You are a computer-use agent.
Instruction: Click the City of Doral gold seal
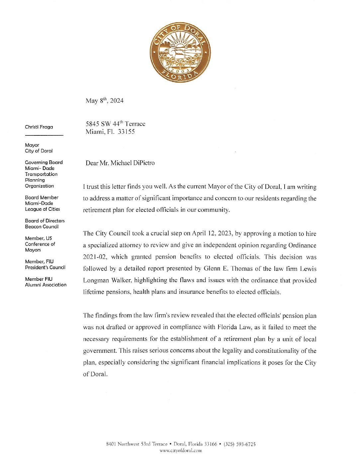point(180,52)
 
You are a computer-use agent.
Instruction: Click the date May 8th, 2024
point(104,101)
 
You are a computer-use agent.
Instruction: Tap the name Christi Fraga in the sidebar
point(39,127)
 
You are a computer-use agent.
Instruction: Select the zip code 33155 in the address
point(126,132)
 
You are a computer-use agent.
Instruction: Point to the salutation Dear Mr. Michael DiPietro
point(120,163)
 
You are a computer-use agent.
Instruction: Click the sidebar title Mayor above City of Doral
point(32,145)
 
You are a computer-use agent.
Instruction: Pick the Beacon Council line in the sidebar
point(42,227)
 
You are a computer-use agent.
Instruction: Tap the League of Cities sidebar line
point(42,209)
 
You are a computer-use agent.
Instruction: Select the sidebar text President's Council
point(45,268)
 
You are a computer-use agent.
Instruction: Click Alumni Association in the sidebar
point(45,285)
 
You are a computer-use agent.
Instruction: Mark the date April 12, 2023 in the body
point(212,234)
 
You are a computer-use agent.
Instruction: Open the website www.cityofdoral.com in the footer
point(181,451)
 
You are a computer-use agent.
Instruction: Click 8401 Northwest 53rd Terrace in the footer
point(136,444)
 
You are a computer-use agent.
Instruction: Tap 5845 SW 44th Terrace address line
point(115,124)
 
